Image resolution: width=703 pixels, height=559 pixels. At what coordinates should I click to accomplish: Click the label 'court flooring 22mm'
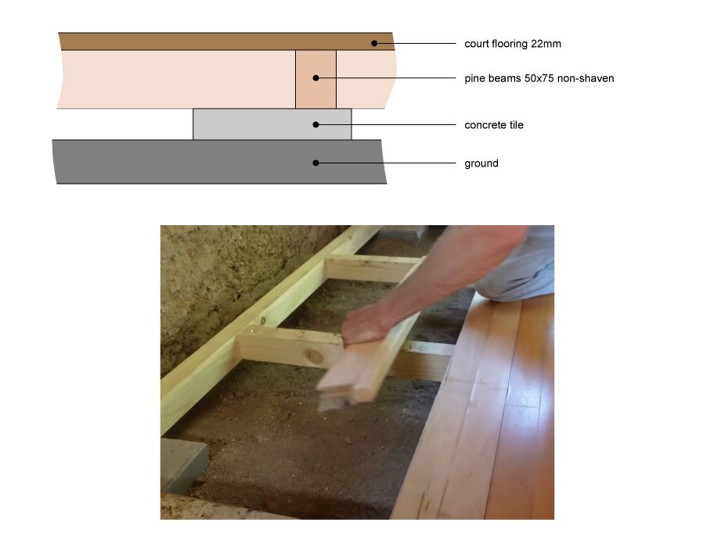point(513,44)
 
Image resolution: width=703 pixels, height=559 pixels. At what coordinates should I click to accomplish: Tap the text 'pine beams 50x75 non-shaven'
point(539,78)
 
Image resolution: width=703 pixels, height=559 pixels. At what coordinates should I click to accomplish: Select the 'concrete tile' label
point(494,125)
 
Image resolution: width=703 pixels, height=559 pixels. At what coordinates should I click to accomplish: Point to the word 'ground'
point(481,163)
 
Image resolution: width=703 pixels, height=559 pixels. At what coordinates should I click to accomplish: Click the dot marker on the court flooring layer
point(374,44)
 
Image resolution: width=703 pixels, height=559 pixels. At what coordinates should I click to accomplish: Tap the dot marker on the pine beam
point(315,78)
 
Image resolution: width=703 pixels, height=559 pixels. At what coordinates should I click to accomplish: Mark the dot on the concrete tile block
point(315,124)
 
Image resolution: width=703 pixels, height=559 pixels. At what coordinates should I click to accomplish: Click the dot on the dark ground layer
point(315,163)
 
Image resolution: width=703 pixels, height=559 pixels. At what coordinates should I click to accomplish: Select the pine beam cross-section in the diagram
point(315,79)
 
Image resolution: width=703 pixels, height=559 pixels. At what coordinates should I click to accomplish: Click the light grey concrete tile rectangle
point(272,124)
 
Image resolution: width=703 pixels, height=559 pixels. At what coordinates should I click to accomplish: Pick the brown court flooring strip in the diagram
point(226,41)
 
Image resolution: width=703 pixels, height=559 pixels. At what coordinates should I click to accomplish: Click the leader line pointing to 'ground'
point(386,163)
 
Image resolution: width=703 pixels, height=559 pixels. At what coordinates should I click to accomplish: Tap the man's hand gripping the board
point(366,324)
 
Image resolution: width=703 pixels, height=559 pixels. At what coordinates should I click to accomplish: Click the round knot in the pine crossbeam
point(314,357)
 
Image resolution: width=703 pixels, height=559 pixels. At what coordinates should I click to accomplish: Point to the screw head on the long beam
point(263,321)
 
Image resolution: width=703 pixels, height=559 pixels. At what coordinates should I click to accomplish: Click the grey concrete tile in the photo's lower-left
point(183,465)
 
